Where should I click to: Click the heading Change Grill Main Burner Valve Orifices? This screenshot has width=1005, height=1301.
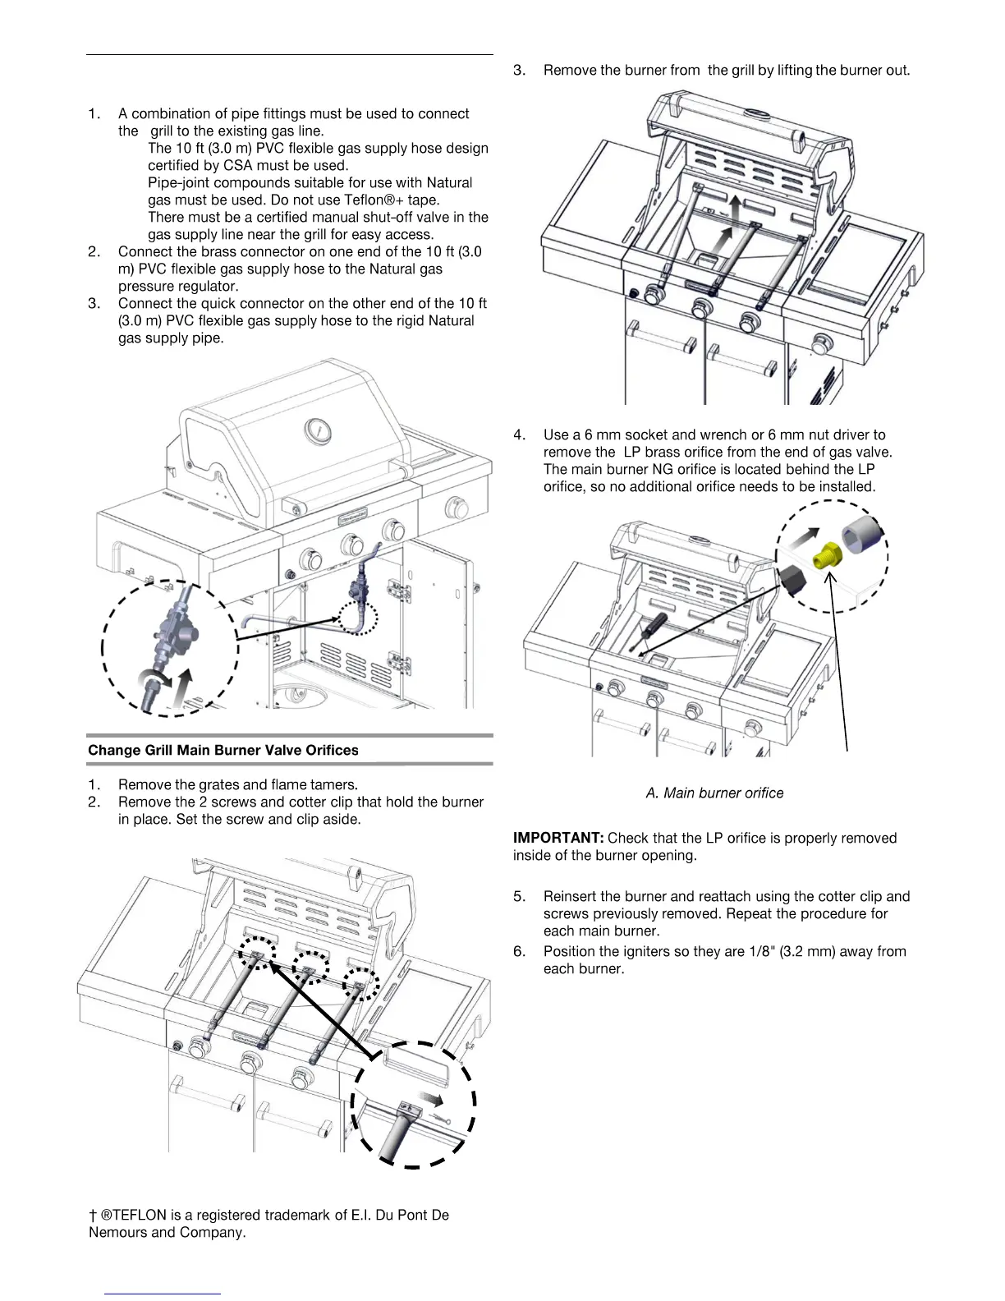tap(223, 750)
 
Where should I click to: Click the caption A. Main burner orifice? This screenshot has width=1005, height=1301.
tap(714, 793)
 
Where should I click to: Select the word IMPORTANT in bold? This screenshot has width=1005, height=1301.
tap(558, 838)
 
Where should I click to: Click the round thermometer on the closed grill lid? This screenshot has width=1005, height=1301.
tap(317, 430)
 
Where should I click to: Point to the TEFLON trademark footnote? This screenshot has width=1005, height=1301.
tap(268, 1223)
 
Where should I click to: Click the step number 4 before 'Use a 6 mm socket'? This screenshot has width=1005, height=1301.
tap(519, 434)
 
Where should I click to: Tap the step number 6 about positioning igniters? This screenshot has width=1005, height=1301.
tap(519, 951)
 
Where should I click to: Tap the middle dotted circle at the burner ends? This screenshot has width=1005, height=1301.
tap(310, 968)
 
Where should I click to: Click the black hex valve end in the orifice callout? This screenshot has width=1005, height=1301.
tap(793, 581)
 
